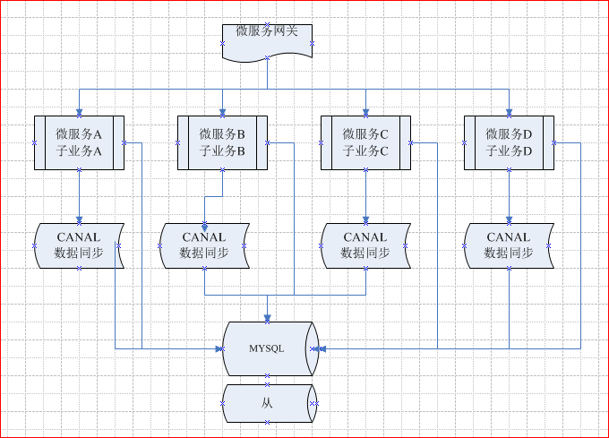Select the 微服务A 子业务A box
tap(79, 142)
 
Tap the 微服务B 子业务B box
tap(222, 142)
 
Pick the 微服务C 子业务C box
tap(365, 142)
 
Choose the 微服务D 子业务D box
tap(509, 142)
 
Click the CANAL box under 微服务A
tap(79, 245)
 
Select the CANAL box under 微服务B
tap(204, 245)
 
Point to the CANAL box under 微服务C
tap(365, 245)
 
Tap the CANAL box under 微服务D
tap(509, 245)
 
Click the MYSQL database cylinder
tap(267, 348)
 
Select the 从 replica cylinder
tap(267, 403)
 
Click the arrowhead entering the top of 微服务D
tap(509, 111)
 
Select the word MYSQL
tap(267, 348)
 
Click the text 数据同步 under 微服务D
tap(509, 253)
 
